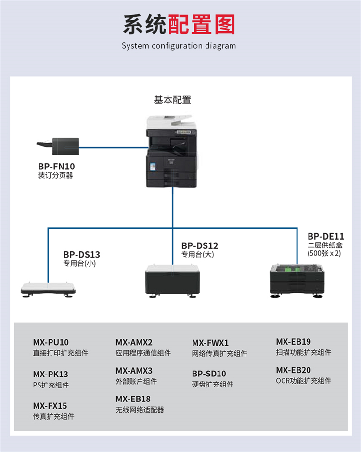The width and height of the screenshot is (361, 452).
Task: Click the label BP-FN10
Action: point(56,167)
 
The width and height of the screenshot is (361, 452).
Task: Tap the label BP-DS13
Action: point(82,254)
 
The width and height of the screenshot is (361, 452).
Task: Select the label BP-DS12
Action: point(200,245)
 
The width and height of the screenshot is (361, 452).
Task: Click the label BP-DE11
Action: point(326,236)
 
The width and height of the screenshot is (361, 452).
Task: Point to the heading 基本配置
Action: point(172,100)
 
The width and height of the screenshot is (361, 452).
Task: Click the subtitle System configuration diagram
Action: point(179,46)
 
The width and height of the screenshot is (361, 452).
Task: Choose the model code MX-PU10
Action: point(51,343)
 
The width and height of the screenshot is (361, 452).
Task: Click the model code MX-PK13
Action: point(51,374)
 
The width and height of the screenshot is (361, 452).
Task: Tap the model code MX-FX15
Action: point(50,406)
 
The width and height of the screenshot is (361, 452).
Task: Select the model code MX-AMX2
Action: point(134,343)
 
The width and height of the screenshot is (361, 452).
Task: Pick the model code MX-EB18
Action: point(133,399)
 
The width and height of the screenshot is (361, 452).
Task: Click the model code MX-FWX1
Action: point(210,343)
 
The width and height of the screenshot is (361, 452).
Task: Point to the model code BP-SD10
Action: point(209,374)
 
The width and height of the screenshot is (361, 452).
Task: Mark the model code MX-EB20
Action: point(293,370)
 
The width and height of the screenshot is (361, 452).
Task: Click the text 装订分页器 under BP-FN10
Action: point(56,176)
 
